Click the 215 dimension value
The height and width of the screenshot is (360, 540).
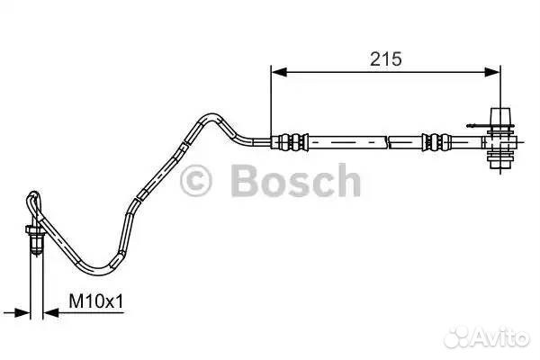386,58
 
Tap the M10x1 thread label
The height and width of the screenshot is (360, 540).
95,301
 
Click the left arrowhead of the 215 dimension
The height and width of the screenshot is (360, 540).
279,72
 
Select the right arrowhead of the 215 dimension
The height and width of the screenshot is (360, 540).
491,72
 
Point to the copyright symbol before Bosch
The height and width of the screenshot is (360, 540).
195,181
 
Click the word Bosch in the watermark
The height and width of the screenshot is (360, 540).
295,180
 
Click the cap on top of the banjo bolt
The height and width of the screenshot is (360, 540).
500,116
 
